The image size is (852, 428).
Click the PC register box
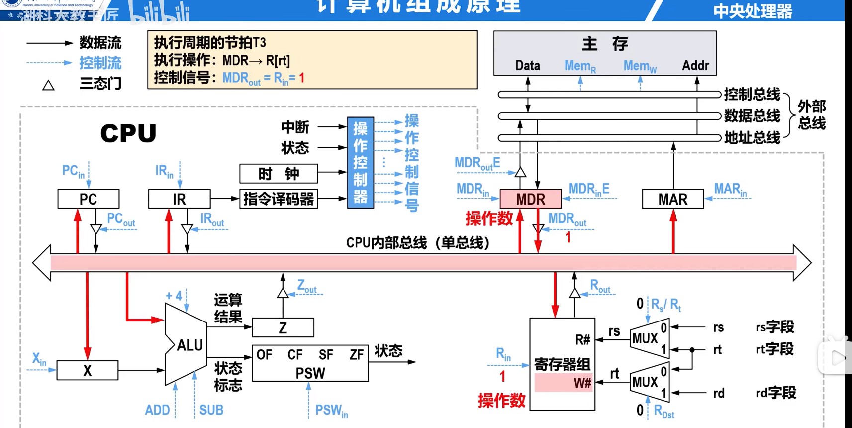point(88,199)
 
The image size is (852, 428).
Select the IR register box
point(179,199)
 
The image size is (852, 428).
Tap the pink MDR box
point(530,199)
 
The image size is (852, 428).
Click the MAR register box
point(672,199)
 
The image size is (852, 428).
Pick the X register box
point(88,371)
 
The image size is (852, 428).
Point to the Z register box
point(283,328)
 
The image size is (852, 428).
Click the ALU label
point(189,345)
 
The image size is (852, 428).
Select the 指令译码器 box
point(279,199)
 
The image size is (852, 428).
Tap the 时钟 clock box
point(279,174)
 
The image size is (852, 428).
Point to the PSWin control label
point(331,411)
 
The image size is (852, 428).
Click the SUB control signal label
point(211,410)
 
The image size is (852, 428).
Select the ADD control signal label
point(157,410)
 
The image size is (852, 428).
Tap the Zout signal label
point(307,286)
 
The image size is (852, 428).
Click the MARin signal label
point(730,190)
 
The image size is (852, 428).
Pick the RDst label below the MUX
point(664,412)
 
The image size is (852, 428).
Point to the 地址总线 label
point(752,138)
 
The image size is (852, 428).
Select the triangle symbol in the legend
point(48,85)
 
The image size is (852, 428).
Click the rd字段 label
point(775,393)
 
